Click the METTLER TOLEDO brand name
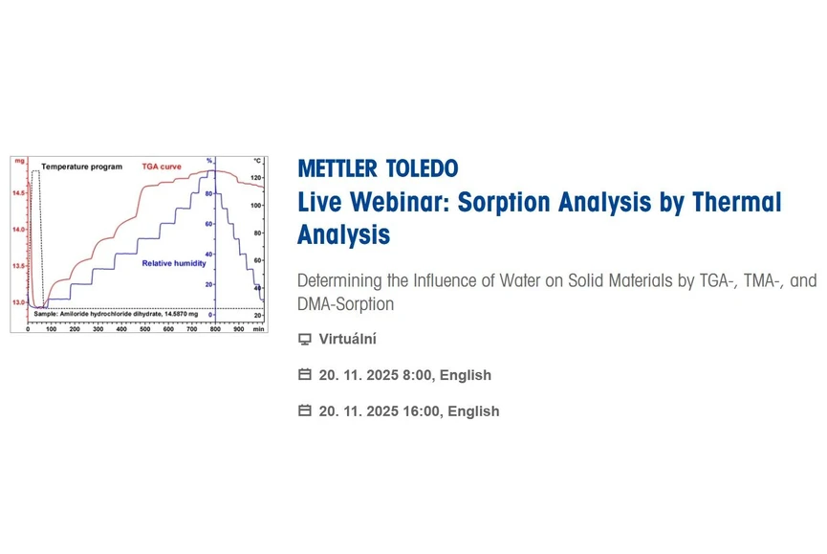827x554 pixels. pyautogui.click(x=378, y=169)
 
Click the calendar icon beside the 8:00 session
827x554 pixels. pyautogui.click(x=305, y=375)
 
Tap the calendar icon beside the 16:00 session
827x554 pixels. pyautogui.click(x=305, y=411)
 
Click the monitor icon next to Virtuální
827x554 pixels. pyautogui.click(x=305, y=340)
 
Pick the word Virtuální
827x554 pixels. pyautogui.click(x=347, y=340)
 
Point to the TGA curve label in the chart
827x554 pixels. pyautogui.click(x=163, y=166)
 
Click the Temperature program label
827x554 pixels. pyautogui.click(x=81, y=166)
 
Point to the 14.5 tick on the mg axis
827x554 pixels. pyautogui.click(x=18, y=193)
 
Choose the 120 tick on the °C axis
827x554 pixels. pyautogui.click(x=257, y=179)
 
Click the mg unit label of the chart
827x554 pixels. pyautogui.click(x=19, y=161)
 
